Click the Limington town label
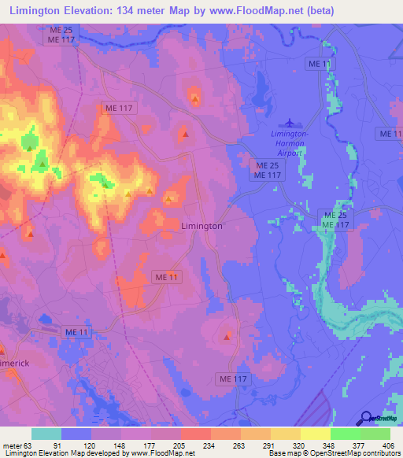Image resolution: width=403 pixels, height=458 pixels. click(201, 226)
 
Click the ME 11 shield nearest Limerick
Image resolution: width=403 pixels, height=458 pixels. click(76, 334)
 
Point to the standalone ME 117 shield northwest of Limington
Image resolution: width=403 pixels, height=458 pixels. click(120, 108)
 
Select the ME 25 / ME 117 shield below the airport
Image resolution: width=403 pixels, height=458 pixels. click(264, 171)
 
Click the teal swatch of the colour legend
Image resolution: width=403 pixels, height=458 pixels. click(46, 434)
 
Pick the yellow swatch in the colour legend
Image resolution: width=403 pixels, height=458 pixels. click(315, 434)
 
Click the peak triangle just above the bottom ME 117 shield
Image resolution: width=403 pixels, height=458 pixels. click(228, 337)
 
